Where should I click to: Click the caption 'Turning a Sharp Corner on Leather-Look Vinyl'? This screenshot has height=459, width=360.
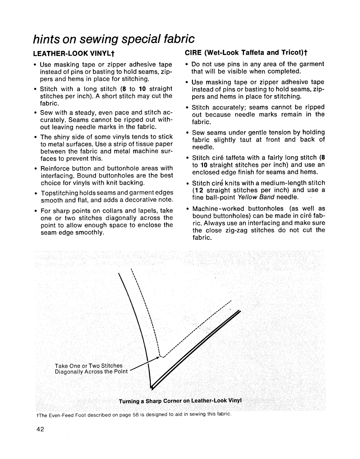tap(180, 400)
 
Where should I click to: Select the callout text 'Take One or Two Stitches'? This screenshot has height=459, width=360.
tap(89, 366)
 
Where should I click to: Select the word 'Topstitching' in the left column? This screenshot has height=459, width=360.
tap(59, 193)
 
